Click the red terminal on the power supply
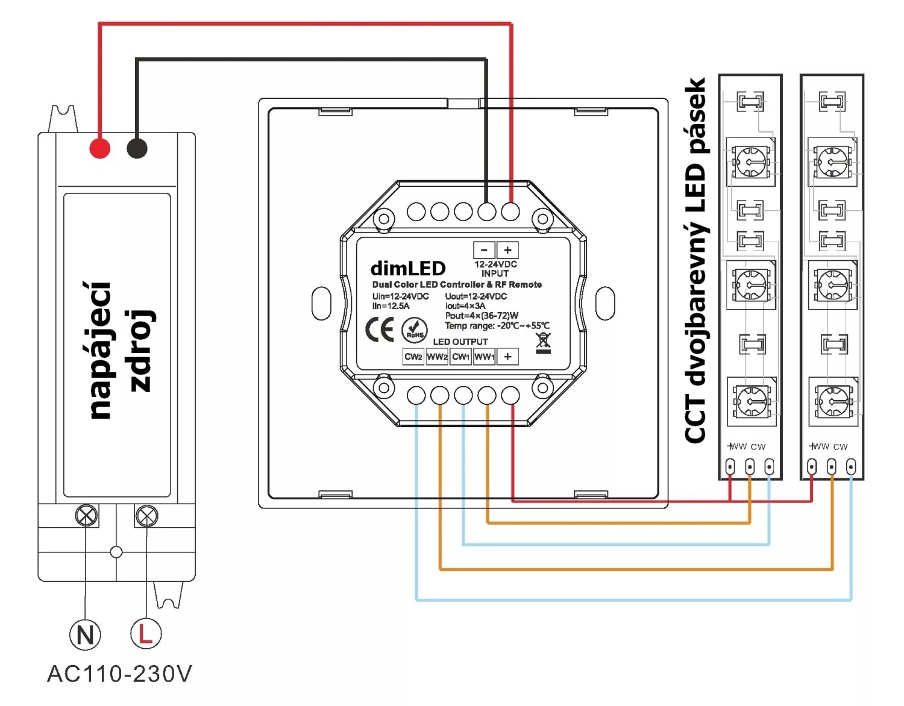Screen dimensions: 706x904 pyautogui.click(x=100, y=148)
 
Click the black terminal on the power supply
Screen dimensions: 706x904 pyautogui.click(x=137, y=148)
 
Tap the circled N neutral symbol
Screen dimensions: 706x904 pyautogui.click(x=85, y=634)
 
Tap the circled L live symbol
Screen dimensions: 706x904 pyautogui.click(x=146, y=633)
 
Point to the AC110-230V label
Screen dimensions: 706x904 pyautogui.click(x=119, y=673)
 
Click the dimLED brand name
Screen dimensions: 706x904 pyautogui.click(x=408, y=268)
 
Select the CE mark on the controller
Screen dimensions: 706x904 pyautogui.click(x=380, y=330)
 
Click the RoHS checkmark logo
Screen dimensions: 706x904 pyautogui.click(x=415, y=330)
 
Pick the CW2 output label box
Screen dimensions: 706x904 pyautogui.click(x=413, y=357)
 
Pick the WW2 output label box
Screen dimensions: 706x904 pyautogui.click(x=437, y=357)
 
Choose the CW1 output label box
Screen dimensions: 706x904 pyautogui.click(x=460, y=357)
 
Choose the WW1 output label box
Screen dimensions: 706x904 pyautogui.click(x=484, y=357)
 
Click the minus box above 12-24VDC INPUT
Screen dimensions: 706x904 pyautogui.click(x=484, y=250)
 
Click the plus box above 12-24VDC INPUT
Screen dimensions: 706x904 pyautogui.click(x=507, y=250)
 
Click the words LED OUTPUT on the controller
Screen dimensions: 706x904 pyautogui.click(x=460, y=342)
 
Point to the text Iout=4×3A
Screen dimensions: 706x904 pyautogui.click(x=465, y=306)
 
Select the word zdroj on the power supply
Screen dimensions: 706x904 pyautogui.click(x=142, y=351)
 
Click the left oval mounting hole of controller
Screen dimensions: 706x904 pyautogui.click(x=321, y=303)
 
